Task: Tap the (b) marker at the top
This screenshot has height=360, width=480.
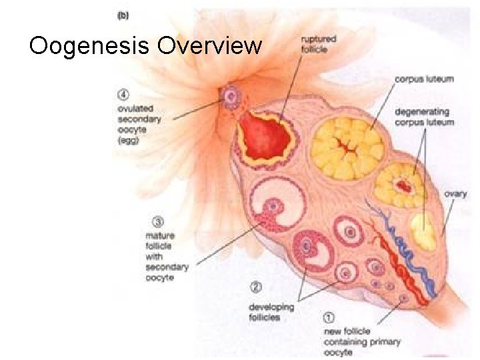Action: point(124,17)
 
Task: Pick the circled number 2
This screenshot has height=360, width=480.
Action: point(255,288)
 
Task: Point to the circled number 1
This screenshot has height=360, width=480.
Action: point(329,317)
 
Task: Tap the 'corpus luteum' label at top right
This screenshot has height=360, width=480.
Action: point(424,79)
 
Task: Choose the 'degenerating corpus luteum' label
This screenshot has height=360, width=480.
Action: point(424,117)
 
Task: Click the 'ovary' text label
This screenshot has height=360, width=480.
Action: point(456,194)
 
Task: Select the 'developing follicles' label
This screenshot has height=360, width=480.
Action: point(271,313)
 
